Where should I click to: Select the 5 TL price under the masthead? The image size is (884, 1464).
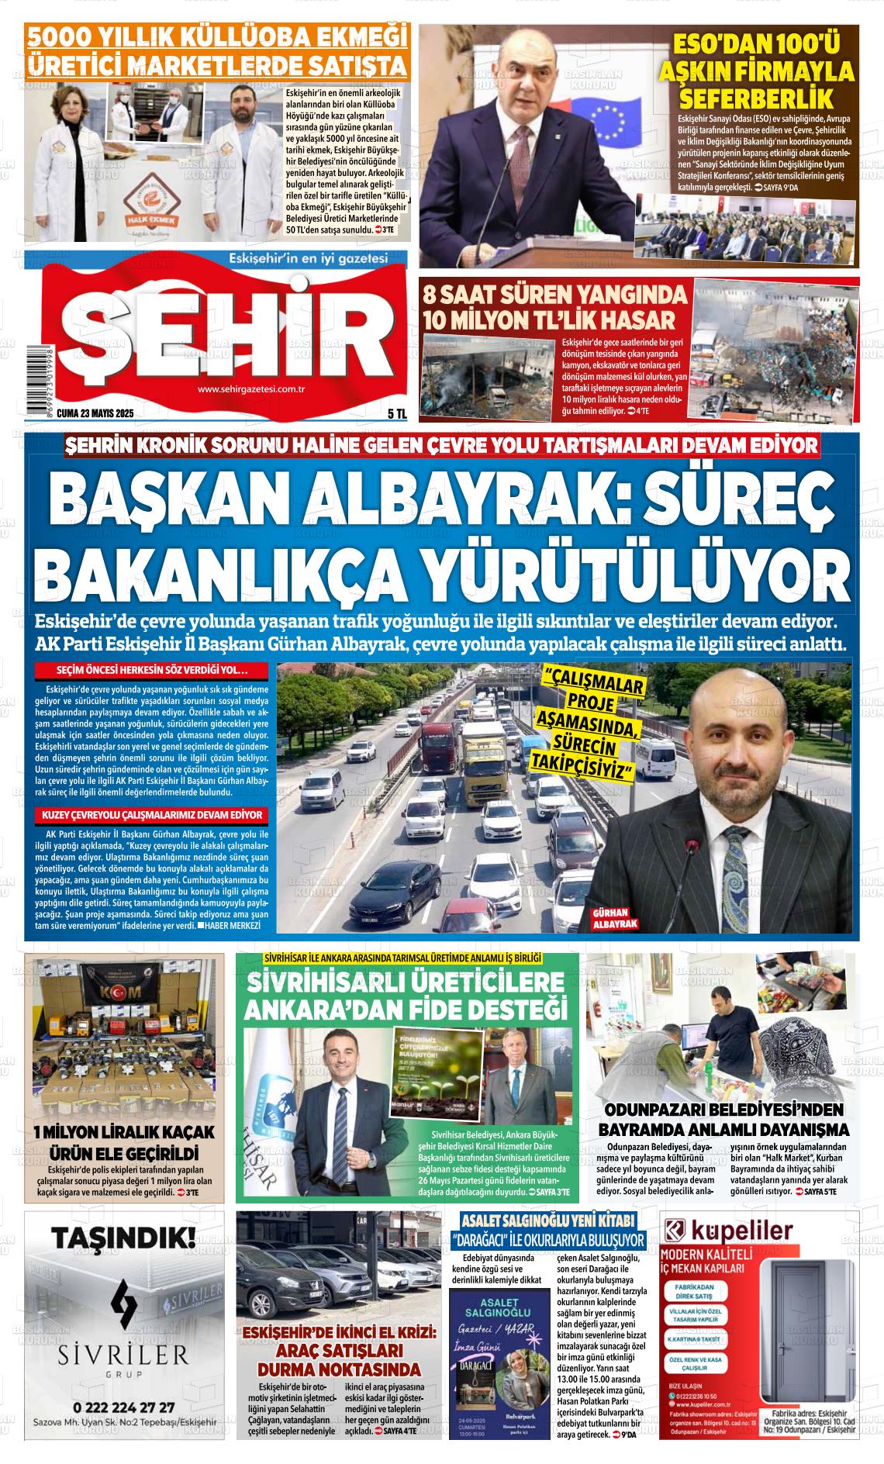click(397, 414)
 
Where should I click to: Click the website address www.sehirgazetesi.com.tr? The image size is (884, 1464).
click(250, 390)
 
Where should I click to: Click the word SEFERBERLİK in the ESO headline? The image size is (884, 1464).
click(756, 98)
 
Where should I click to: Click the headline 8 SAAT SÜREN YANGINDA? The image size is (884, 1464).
click(554, 295)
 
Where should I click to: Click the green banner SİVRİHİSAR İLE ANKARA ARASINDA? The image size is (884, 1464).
click(402, 958)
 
